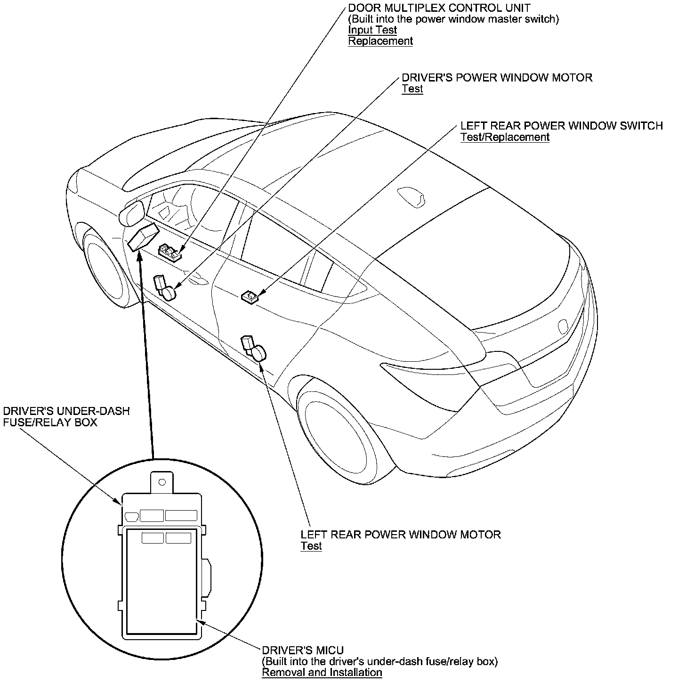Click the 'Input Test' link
click(372, 30)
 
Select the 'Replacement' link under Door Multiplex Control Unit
click(380, 41)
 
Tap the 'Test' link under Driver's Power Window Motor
click(412, 89)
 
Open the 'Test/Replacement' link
click(505, 137)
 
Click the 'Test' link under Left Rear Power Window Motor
click(311, 546)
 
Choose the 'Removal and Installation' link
click(322, 672)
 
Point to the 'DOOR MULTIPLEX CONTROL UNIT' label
click(439, 8)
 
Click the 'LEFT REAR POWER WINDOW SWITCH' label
click(561, 126)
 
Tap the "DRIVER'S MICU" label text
click(302, 650)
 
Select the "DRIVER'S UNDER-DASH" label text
click(66, 411)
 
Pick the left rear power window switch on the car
click(250, 297)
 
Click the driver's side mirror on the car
click(131, 212)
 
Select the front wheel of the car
click(104, 267)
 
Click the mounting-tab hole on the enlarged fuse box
click(162, 482)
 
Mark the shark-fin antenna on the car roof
click(411, 195)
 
